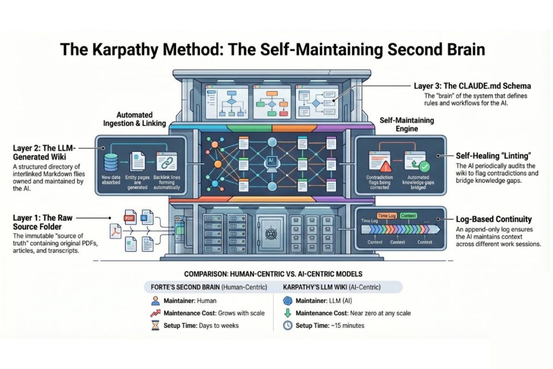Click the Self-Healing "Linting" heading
pyautogui.click(x=486, y=155)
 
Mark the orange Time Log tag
pyautogui.click(x=386, y=216)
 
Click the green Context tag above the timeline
pyautogui.click(x=409, y=216)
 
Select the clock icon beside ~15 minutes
pyautogui.click(x=287, y=325)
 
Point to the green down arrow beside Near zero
pyautogui.click(x=287, y=313)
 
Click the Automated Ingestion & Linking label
pyautogui.click(x=135, y=119)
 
